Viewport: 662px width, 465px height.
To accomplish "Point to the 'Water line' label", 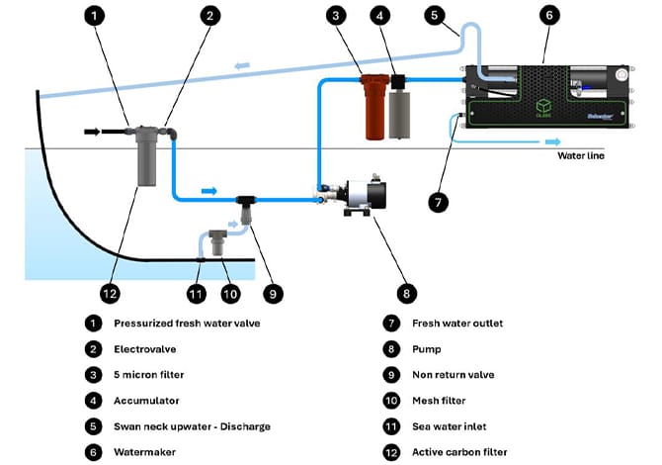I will click(580, 155).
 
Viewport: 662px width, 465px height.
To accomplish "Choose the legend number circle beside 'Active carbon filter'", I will click(392, 452).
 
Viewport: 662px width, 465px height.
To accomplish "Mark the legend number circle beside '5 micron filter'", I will click(92, 374).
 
